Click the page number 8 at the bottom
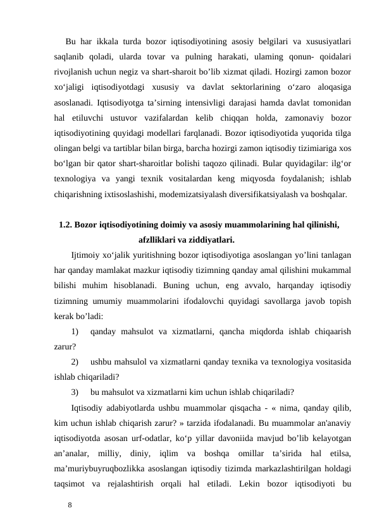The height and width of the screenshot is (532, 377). tap(71, 505)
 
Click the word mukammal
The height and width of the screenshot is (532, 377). tap(329, 270)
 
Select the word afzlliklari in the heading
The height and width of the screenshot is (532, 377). tap(158, 239)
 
